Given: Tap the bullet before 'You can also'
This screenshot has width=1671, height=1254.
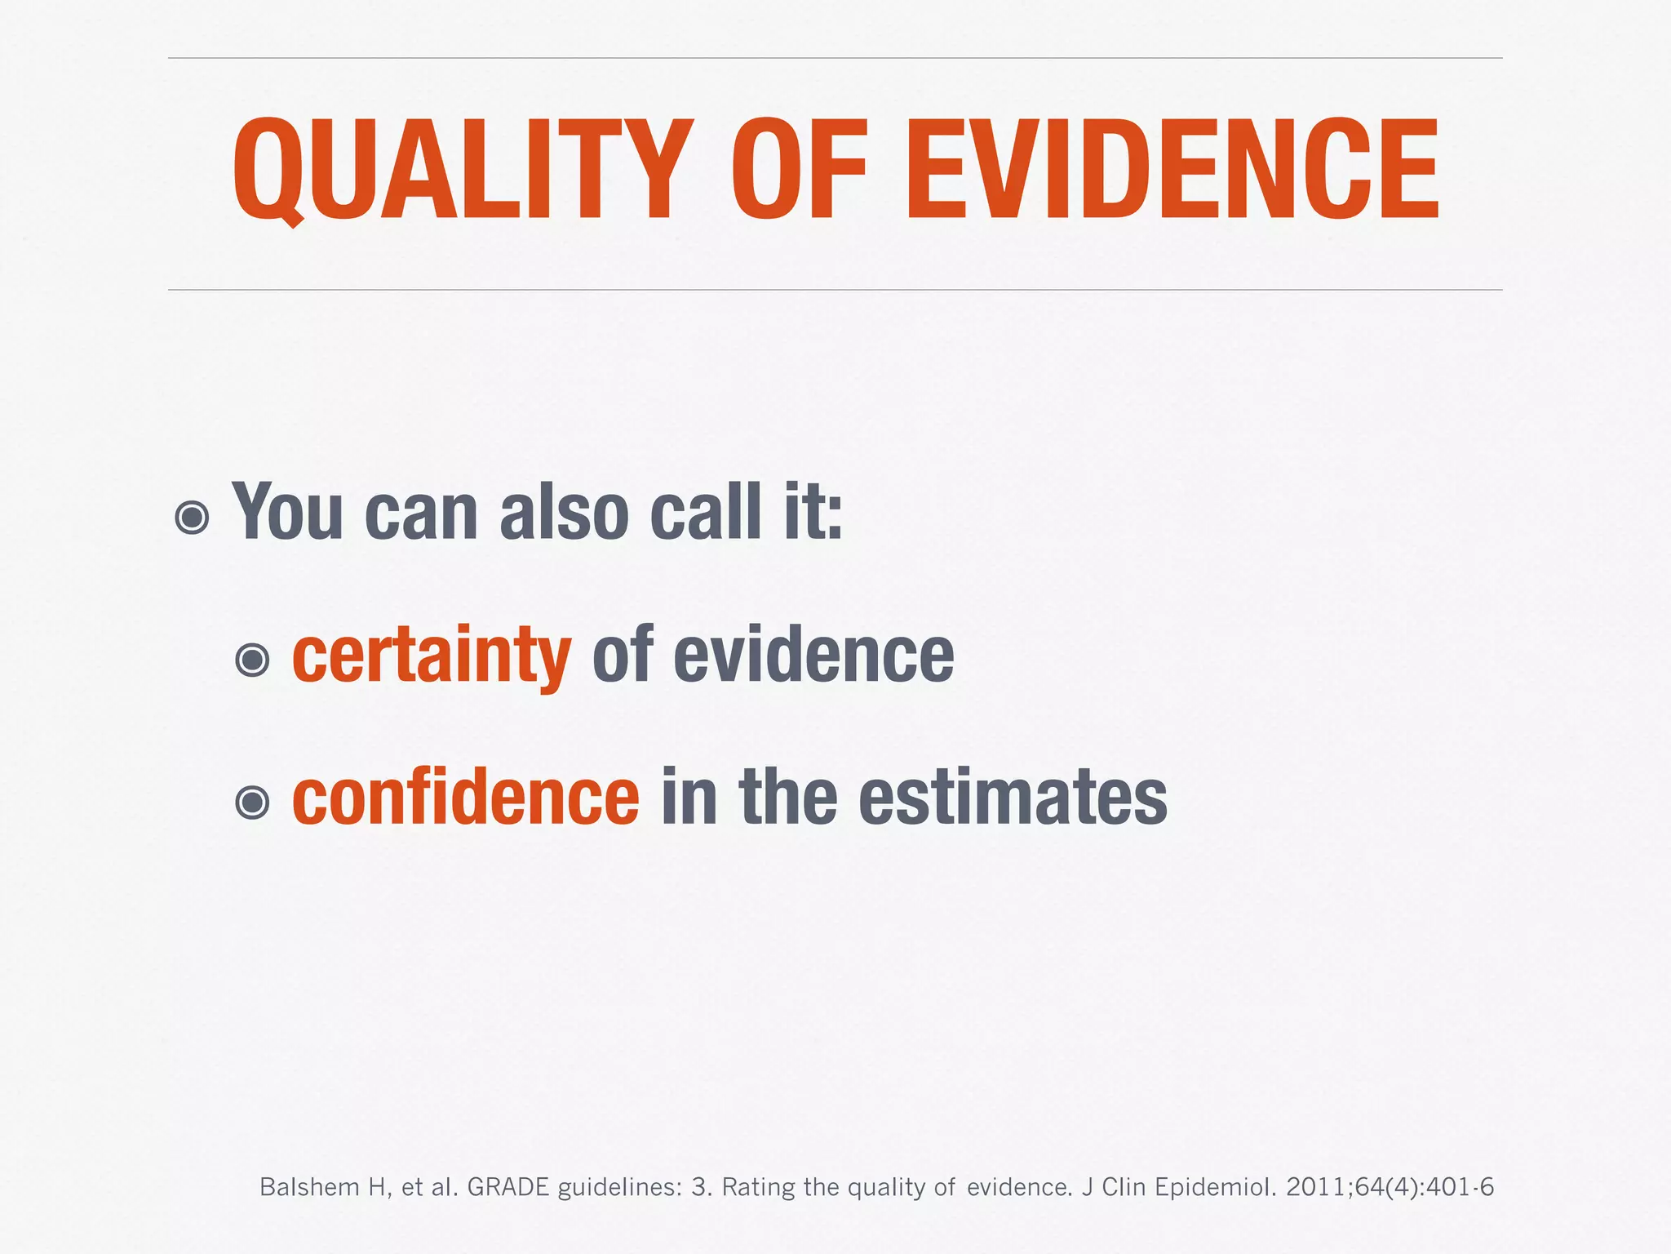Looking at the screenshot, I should point(193,518).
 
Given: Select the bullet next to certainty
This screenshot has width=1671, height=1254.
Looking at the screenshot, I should point(252,660).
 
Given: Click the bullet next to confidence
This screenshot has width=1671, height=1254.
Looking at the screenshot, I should point(252,802).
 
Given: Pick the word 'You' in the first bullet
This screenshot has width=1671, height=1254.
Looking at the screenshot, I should point(287,513).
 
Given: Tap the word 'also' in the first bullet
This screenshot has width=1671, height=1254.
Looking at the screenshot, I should point(564,513).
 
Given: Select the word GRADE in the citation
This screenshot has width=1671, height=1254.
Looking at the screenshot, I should point(508,1187).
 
